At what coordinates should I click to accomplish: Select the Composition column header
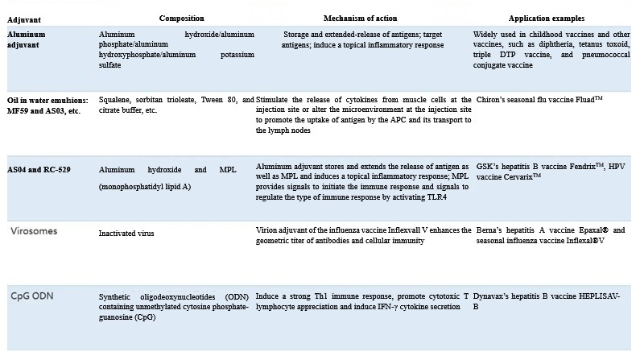pos(181,18)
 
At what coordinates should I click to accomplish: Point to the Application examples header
pos(547,18)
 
